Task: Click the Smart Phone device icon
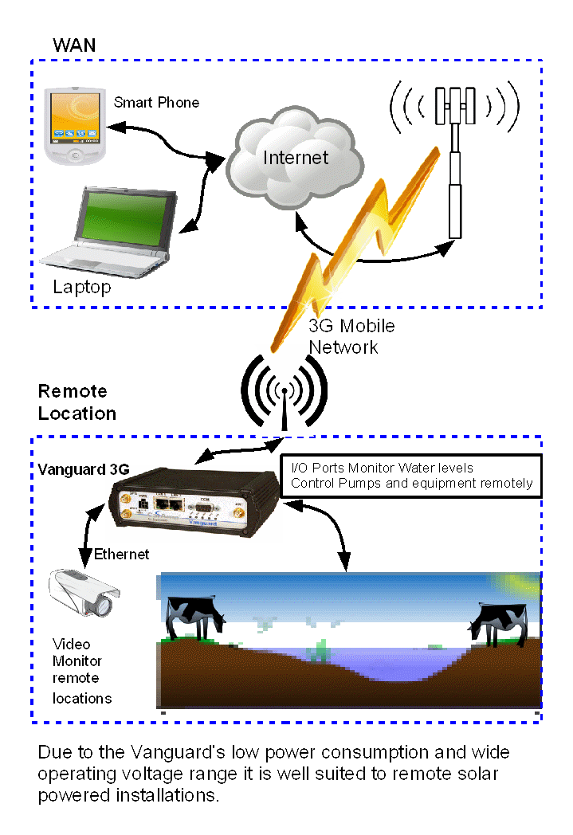click(x=74, y=127)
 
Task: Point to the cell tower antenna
click(x=455, y=151)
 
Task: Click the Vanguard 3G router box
click(x=194, y=501)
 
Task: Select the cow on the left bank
click(x=194, y=616)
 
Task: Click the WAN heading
click(x=74, y=45)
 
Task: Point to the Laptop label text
click(x=82, y=287)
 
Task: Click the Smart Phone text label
click(x=156, y=103)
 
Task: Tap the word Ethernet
click(x=122, y=554)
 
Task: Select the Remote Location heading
click(x=77, y=402)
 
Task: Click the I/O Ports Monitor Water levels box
click(x=411, y=476)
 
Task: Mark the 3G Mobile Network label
click(x=351, y=336)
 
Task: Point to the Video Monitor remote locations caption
click(x=80, y=671)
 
